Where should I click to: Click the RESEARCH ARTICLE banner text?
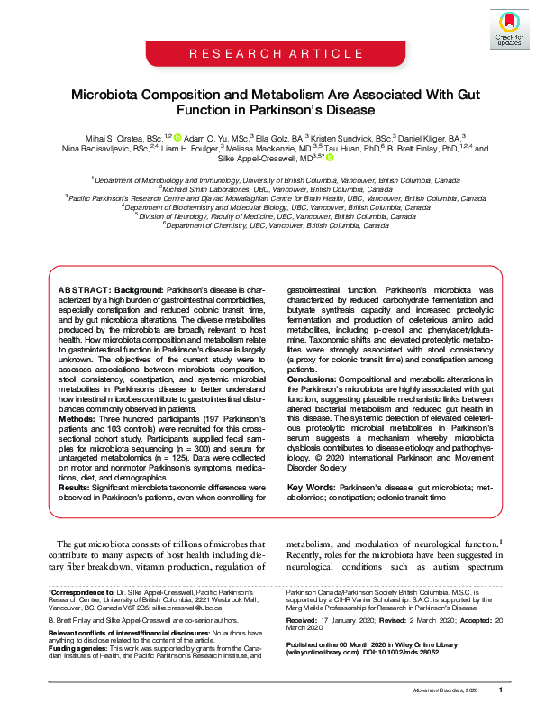point(268,56)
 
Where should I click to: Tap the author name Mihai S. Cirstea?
point(115,137)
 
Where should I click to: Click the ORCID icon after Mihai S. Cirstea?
point(177,137)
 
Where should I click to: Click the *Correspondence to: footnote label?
point(82,591)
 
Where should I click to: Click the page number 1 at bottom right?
point(499,690)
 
